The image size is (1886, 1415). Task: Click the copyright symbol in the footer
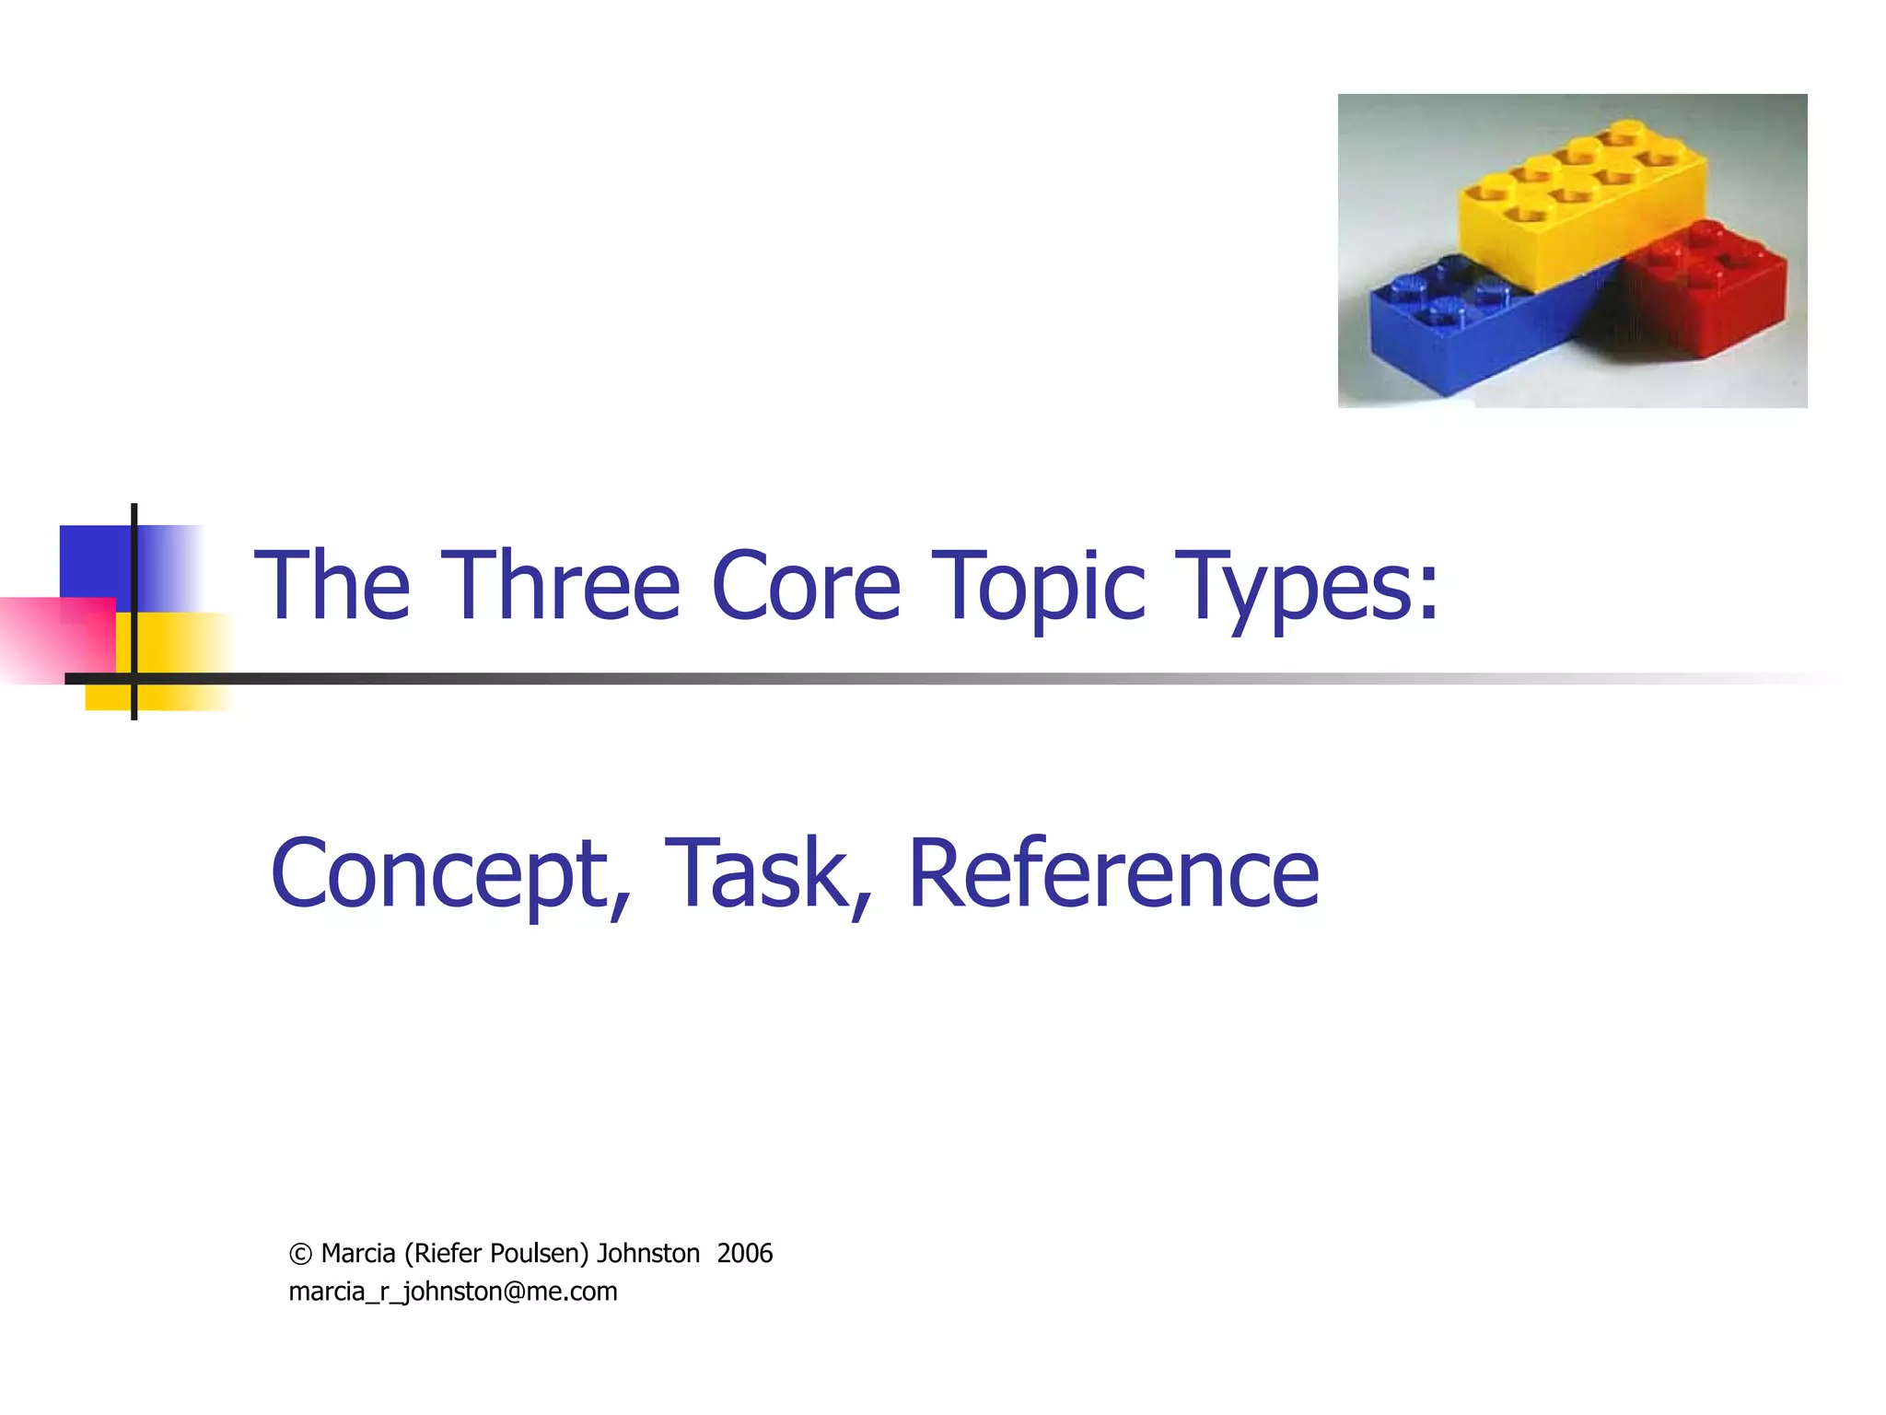pyautogui.click(x=300, y=1255)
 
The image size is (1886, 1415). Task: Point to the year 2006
pyautogui.click(x=744, y=1254)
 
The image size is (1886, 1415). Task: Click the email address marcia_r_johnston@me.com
pyautogui.click(x=453, y=1292)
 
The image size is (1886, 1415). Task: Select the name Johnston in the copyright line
pyautogui.click(x=648, y=1254)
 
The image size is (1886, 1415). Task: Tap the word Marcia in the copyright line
pyautogui.click(x=358, y=1254)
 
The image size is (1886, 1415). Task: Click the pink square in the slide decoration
pyautogui.click(x=55, y=639)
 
